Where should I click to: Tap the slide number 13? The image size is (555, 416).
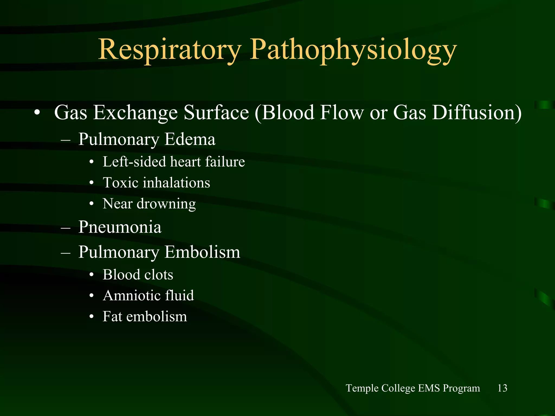pyautogui.click(x=502, y=388)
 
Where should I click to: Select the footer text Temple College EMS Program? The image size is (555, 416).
pyautogui.click(x=413, y=388)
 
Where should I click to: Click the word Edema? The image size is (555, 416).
pyautogui.click(x=190, y=139)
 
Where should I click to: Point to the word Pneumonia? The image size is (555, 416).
pyautogui.click(x=120, y=227)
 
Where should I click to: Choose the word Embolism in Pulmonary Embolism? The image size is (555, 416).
pyautogui.click(x=202, y=252)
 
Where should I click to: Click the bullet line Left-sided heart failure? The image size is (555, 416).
pyautogui.click(x=174, y=162)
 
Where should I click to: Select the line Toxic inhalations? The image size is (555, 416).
pyautogui.click(x=156, y=183)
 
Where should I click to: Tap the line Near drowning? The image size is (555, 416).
pyautogui.click(x=149, y=204)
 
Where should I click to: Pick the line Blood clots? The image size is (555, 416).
pyautogui.click(x=138, y=275)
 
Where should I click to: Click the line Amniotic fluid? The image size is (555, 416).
pyautogui.click(x=148, y=295)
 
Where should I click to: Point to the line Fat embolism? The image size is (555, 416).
pyautogui.click(x=145, y=316)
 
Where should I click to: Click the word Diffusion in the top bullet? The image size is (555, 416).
pyautogui.click(x=476, y=112)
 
